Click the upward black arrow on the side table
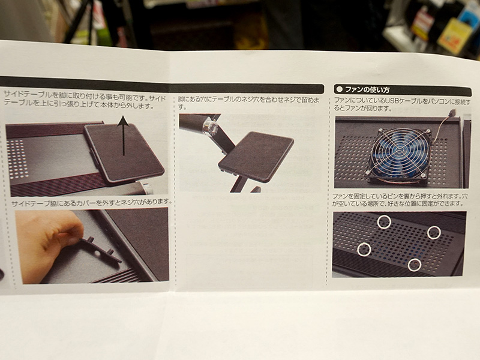[x=124, y=136]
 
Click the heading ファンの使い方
[x=367, y=90]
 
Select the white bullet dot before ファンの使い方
[x=339, y=89]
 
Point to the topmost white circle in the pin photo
[x=384, y=221]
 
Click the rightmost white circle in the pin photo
[x=434, y=233]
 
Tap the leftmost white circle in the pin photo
[x=364, y=249]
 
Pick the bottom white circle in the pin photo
[x=415, y=265]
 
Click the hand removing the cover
[x=46, y=244]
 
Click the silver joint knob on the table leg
[x=210, y=127]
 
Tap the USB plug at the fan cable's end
[x=454, y=112]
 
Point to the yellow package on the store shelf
[x=454, y=35]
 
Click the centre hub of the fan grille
[x=398, y=152]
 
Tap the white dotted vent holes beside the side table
[x=17, y=158]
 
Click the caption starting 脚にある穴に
[x=248, y=103]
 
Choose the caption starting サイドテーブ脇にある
[x=91, y=202]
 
